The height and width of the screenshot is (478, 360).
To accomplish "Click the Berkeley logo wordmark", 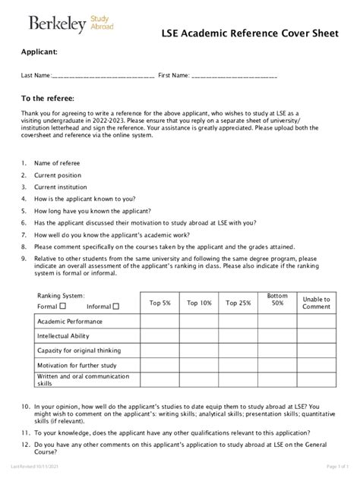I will [57, 25].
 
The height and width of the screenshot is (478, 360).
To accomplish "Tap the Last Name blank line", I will [103, 77].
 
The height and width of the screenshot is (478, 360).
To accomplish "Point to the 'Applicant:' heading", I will [39, 53].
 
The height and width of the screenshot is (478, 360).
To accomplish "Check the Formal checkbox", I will [63, 307].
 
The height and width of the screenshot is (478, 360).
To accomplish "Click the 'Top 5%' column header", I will [160, 303].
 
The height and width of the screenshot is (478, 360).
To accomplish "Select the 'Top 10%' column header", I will [200, 303].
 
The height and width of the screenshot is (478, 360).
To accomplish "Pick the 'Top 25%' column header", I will [239, 303].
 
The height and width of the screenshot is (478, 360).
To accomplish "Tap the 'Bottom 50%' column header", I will [278, 299].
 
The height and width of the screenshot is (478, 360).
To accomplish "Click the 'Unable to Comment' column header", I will [317, 303].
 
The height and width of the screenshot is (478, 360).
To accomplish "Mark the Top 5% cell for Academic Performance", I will [160, 321].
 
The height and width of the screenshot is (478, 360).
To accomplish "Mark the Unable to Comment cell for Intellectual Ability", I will [317, 335].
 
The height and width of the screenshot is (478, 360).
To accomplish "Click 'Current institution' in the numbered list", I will [61, 186].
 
